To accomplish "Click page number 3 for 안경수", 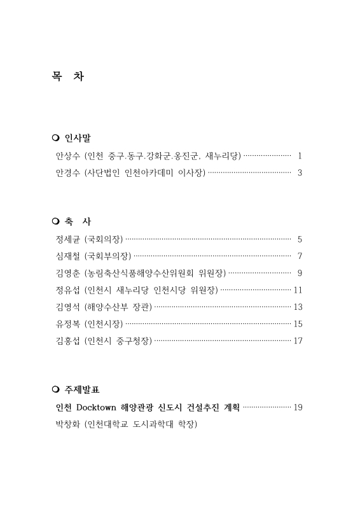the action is point(300,172).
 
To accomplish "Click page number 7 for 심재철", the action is point(300,256).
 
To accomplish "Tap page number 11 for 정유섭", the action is point(298,291).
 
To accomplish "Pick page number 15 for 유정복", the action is point(298,324).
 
